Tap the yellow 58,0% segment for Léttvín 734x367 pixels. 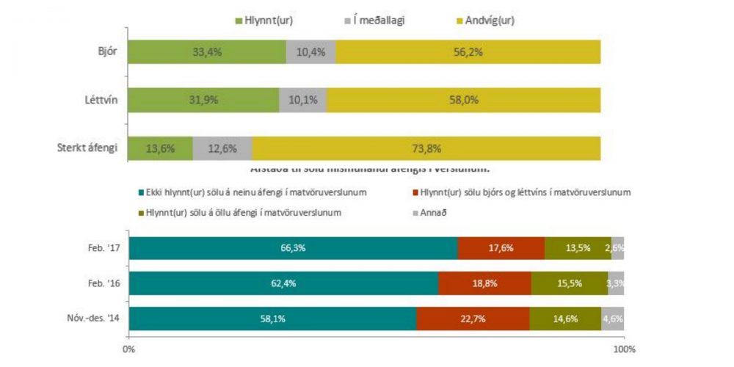click(463, 100)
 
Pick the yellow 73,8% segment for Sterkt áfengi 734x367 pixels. click(426, 148)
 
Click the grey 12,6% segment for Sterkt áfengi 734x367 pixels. click(222, 148)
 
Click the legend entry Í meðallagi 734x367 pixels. click(374, 20)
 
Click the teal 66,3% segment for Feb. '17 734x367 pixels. click(293, 247)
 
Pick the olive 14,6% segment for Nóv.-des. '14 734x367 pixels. click(565, 319)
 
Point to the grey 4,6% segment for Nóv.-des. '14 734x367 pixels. click(613, 319)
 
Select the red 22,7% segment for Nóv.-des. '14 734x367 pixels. click(473, 319)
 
